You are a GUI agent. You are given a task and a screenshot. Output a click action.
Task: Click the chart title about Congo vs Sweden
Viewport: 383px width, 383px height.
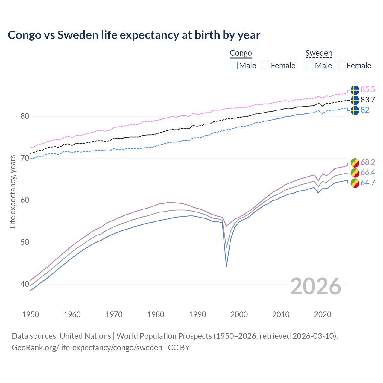[134, 35]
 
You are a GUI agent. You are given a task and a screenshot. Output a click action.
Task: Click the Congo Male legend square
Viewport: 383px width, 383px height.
[234, 66]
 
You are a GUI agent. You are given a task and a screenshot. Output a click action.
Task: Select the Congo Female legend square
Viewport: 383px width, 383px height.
[265, 66]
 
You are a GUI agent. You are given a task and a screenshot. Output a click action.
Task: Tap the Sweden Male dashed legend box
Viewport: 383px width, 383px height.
[309, 66]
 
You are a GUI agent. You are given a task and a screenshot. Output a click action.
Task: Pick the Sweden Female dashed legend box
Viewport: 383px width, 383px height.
[341, 66]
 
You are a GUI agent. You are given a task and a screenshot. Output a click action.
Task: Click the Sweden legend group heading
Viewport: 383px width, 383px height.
[319, 53]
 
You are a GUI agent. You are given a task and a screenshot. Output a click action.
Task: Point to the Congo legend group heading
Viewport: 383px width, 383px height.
[241, 53]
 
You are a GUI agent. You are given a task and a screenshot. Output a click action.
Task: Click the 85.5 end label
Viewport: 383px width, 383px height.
[368, 90]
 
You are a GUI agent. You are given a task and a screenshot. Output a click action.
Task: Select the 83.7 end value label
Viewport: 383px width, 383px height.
[368, 100]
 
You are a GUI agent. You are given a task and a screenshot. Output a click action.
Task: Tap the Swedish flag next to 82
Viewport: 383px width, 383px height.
[355, 110]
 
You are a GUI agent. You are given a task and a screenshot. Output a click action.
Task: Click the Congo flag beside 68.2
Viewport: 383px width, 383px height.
[355, 162]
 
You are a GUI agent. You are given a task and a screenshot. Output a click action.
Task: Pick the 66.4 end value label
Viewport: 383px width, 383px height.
[368, 173]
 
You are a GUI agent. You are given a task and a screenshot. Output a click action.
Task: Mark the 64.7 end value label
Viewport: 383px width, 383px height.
[368, 183]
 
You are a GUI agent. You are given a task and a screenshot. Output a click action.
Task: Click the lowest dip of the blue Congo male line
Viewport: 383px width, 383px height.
[227, 266]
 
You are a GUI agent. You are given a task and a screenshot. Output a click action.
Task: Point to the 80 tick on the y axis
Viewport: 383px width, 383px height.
[25, 116]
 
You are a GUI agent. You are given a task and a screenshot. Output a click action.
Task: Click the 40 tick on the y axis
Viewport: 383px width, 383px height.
[25, 284]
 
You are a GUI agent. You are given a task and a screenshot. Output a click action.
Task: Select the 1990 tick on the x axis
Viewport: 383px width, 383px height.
[197, 314]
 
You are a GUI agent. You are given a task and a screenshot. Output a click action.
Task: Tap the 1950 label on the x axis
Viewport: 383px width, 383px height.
[31, 314]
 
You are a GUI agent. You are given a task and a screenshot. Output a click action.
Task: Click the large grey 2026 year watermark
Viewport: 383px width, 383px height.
[316, 286]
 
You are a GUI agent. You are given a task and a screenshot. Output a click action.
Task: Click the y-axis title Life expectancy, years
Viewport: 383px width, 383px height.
[13, 191]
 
